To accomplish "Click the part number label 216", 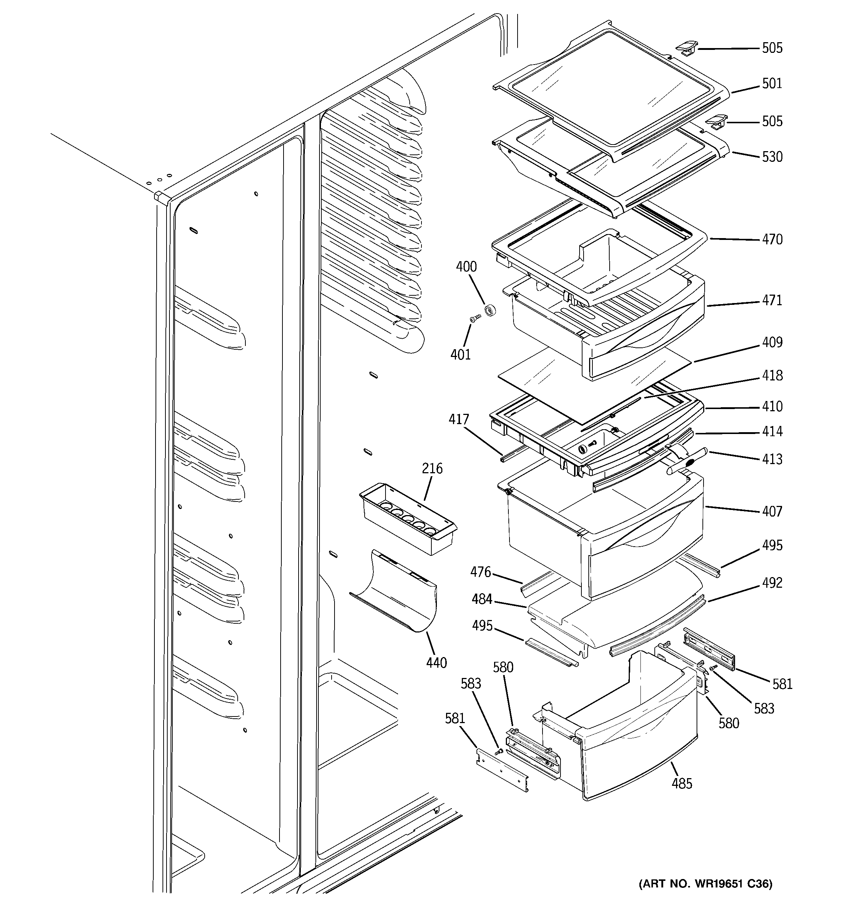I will click(432, 468).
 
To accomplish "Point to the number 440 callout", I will click(436, 662).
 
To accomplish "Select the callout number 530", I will click(772, 157).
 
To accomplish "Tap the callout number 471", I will click(772, 300).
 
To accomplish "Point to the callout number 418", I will click(772, 375).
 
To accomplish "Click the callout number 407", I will click(772, 511).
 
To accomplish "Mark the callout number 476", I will click(481, 572).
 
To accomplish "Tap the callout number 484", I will click(482, 599).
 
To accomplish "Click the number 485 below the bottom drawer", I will click(682, 783).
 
